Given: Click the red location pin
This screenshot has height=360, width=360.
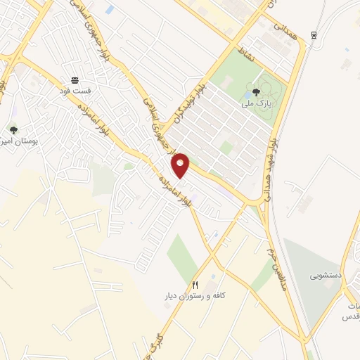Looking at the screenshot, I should pyautogui.click(x=181, y=165).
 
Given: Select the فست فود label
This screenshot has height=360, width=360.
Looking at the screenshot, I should pyautogui.click(x=74, y=91).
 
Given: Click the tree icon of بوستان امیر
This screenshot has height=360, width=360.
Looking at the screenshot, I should pyautogui.click(x=13, y=129).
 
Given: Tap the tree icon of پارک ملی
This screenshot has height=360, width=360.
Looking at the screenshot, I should pyautogui.click(x=256, y=91).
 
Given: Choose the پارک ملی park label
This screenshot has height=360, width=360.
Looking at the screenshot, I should pyautogui.click(x=256, y=103).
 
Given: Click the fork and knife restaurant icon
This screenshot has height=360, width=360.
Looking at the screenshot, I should pyautogui.click(x=195, y=285).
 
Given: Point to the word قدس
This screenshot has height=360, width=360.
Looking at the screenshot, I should pyautogui.click(x=350, y=317).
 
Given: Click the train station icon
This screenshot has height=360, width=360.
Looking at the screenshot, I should pyautogui.click(x=314, y=34).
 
